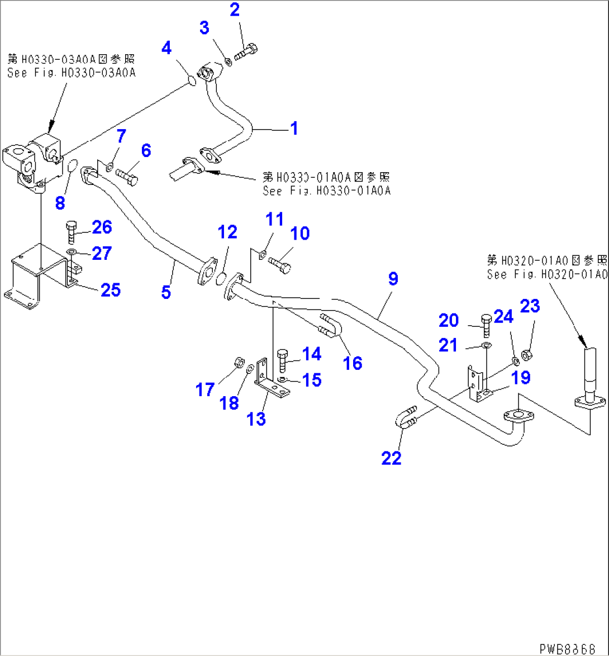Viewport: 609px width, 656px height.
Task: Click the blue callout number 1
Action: pos(293,129)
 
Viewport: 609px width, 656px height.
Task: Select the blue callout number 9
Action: pos(393,279)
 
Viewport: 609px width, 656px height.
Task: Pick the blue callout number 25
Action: pos(110,289)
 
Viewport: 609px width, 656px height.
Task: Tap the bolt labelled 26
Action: pos(72,231)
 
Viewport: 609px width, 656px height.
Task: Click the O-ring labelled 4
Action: pos(191,82)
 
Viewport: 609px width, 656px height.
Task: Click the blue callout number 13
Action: pos(256,419)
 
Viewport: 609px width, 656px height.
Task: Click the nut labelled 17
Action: pos(236,363)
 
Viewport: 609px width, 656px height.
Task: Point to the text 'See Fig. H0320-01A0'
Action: pos(546,274)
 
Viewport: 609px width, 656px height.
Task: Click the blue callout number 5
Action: pos(165,292)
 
